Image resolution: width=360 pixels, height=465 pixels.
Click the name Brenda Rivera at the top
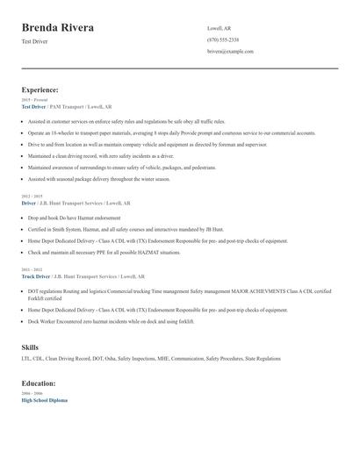click(58, 28)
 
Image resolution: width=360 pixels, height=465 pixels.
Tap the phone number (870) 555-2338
click(222, 39)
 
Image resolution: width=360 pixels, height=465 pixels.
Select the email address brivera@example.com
click(230, 52)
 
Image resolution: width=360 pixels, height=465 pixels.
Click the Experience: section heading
click(40, 89)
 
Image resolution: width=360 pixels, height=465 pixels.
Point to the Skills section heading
click(30, 347)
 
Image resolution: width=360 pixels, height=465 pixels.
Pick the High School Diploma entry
click(44, 400)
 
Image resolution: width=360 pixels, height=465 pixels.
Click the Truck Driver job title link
click(35, 275)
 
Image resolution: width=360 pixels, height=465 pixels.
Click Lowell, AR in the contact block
click(220, 28)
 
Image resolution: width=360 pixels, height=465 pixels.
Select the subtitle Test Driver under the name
click(34, 42)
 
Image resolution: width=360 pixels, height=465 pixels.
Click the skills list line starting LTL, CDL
click(151, 359)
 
